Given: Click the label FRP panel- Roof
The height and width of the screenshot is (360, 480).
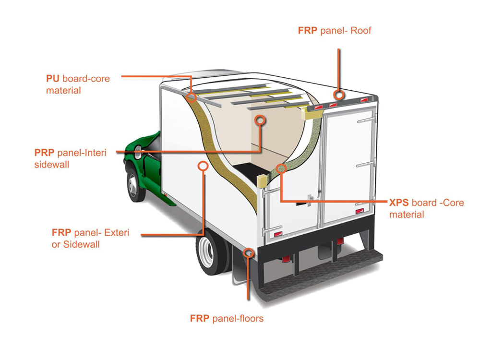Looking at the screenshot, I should click(x=335, y=31).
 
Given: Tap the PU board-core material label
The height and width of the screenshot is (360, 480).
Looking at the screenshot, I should click(x=78, y=84).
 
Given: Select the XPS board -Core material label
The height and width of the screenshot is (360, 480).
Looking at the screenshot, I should click(x=426, y=208).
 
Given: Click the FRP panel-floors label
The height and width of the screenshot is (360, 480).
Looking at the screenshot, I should click(x=227, y=318).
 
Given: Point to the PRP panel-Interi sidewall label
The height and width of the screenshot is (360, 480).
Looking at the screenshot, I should click(x=70, y=158).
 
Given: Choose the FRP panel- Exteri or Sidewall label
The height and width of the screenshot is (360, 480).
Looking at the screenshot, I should click(x=90, y=239).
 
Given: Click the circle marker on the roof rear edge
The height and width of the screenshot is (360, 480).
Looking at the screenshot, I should click(x=339, y=95).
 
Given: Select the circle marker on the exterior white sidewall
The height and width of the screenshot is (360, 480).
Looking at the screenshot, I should click(x=203, y=166).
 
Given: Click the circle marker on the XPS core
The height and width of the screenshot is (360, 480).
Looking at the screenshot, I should click(x=281, y=168).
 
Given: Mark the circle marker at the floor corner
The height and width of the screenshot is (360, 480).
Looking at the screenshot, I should click(x=248, y=252).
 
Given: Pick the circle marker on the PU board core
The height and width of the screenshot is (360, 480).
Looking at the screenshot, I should click(x=191, y=98).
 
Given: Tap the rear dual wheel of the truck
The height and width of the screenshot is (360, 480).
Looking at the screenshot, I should click(x=212, y=252).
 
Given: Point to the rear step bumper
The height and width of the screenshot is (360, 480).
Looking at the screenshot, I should click(x=326, y=276).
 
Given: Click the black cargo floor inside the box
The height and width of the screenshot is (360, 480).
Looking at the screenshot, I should click(x=245, y=171).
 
